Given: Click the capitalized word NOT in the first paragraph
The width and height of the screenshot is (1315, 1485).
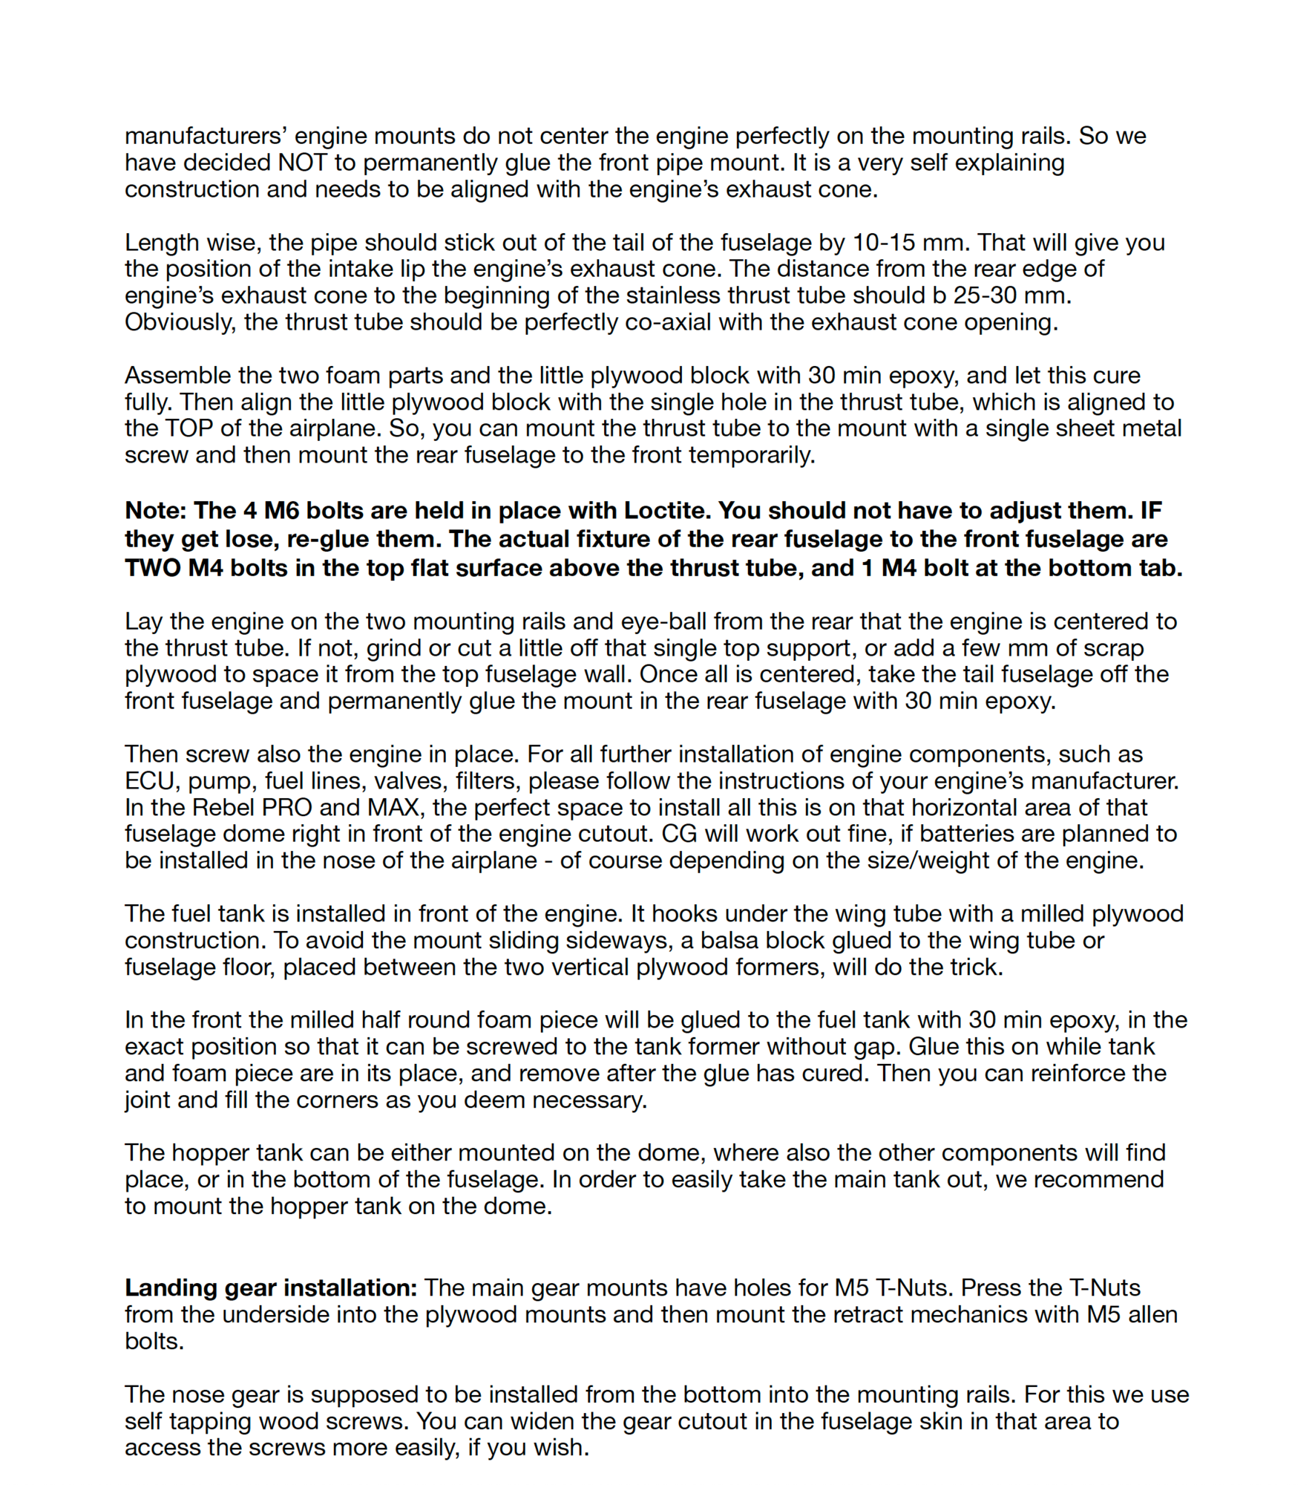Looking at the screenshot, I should tap(302, 163).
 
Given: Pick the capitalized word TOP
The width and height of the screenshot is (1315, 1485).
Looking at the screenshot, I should tap(180, 428).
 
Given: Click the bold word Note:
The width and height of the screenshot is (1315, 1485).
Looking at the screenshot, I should tap(155, 511).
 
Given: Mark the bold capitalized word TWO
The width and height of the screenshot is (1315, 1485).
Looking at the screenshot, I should tap(152, 568).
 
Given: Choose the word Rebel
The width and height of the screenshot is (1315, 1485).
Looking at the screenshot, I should tap(225, 808).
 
